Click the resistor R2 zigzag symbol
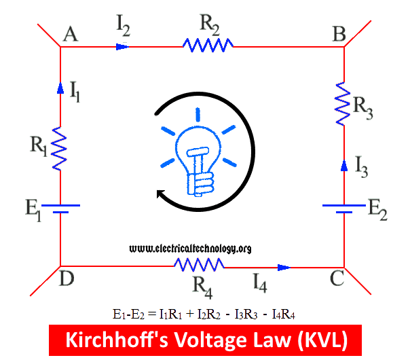[x=208, y=46]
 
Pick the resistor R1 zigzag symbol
[x=60, y=147]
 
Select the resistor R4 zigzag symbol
[x=198, y=266]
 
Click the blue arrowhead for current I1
[x=60, y=88]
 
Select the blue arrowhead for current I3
[x=343, y=164]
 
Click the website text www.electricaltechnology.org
[x=189, y=249]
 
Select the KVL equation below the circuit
[x=204, y=314]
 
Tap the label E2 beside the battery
[x=377, y=210]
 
